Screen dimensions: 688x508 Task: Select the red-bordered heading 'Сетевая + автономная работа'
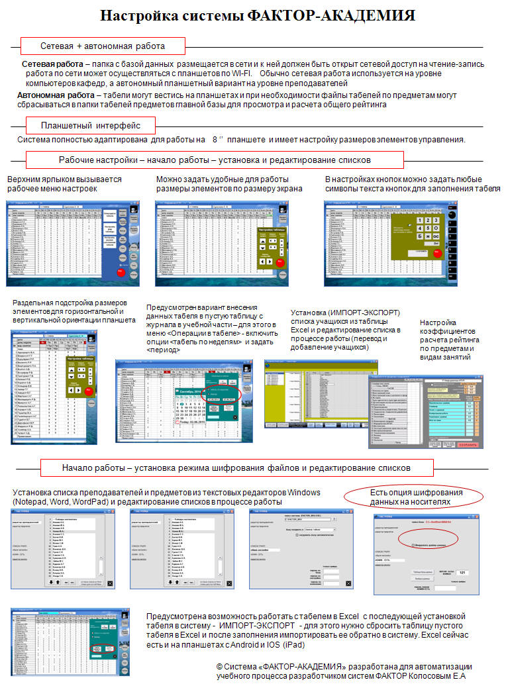coord(102,46)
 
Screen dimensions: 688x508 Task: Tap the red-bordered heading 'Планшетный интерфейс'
coord(90,125)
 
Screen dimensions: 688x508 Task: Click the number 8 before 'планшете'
coord(215,140)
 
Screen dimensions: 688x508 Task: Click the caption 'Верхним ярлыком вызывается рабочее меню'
coord(64,184)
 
